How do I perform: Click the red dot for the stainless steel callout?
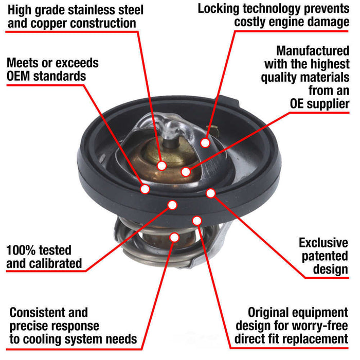pos(161,166)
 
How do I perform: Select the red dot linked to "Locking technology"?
pos(205,142)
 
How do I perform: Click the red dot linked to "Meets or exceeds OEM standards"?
pos(145,189)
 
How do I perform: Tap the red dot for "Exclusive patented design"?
pos(210,193)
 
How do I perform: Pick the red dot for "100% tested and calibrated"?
pos(172,205)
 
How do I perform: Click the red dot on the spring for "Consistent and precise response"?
pos(174,237)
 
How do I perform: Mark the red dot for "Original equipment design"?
pos(196,221)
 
